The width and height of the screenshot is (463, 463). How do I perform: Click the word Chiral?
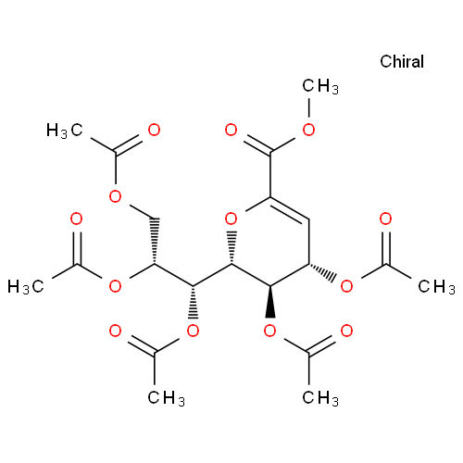coord(402,61)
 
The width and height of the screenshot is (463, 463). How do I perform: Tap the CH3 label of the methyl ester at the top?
coord(320,86)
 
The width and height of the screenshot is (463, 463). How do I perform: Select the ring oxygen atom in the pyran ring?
coord(231,219)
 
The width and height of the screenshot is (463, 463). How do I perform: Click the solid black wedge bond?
coord(270,302)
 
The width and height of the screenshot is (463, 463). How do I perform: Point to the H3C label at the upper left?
coord(65,131)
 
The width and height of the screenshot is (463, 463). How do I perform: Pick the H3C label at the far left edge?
coord(26,286)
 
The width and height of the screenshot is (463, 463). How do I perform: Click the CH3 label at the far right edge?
coord(436,286)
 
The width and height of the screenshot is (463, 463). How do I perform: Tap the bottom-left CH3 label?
coord(166,397)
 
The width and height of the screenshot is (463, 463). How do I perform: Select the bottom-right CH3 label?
coord(320,397)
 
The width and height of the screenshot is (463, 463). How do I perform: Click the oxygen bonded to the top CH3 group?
coord(308,130)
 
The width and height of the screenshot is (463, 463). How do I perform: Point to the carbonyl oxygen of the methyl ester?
coord(231,130)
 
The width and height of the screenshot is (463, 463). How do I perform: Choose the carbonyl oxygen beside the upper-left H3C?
coord(154,130)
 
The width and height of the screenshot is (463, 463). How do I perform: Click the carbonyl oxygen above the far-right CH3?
coord(385,219)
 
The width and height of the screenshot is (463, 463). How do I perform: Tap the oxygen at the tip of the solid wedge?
coord(270,331)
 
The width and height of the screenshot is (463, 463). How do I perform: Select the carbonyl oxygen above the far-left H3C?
coord(76,219)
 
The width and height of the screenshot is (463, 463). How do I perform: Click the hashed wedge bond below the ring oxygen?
coord(231,248)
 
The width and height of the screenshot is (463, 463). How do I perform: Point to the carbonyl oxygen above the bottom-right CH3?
coord(346,331)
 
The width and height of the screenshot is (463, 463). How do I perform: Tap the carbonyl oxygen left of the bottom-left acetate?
coord(115,331)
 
